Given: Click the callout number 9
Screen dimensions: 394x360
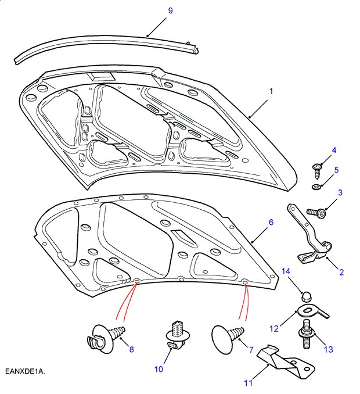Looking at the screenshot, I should (154, 11).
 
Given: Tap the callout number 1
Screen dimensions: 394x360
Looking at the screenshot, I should (270, 91).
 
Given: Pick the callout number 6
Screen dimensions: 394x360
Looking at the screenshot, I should (270, 222).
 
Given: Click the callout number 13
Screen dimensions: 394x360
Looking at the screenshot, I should (329, 349).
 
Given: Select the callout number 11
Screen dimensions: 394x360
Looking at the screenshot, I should (249, 383).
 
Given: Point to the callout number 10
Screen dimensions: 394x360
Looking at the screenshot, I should (159, 369).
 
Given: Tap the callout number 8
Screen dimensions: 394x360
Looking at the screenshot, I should (131, 349).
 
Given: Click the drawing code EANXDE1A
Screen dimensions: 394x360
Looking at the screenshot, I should (25, 371).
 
